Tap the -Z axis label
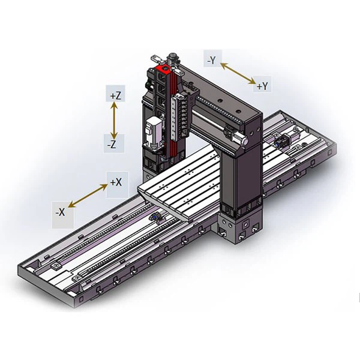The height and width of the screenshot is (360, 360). tap(112, 145)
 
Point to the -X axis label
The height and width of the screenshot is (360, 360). tap(60, 212)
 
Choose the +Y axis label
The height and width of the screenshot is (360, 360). tap(262, 86)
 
